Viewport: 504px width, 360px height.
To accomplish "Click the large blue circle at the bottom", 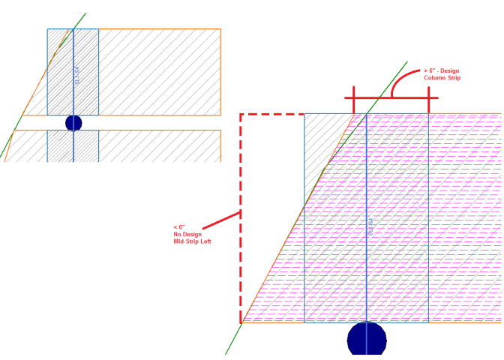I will pyautogui.click(x=367, y=341).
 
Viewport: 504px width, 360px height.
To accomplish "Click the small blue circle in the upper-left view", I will pyautogui.click(x=73, y=123).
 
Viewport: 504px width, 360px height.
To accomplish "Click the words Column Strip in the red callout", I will pyautogui.click(x=442, y=78).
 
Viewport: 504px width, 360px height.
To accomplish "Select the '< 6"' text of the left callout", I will pyautogui.click(x=179, y=227).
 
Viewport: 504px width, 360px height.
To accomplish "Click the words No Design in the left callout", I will pyautogui.click(x=187, y=234).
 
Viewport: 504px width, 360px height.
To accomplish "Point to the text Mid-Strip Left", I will pyautogui.click(x=192, y=241).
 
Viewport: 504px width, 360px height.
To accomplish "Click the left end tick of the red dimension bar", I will pyautogui.click(x=355, y=97).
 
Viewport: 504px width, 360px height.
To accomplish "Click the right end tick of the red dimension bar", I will pyautogui.click(x=428, y=97).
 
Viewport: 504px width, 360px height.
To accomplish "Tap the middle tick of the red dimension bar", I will pyautogui.click(x=391, y=97).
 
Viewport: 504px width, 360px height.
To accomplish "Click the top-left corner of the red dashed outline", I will pyautogui.click(x=241, y=115).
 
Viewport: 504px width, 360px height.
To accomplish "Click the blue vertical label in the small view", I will pyautogui.click(x=76, y=75).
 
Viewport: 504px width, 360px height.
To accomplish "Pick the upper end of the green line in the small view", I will pyautogui.click(x=85, y=13).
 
